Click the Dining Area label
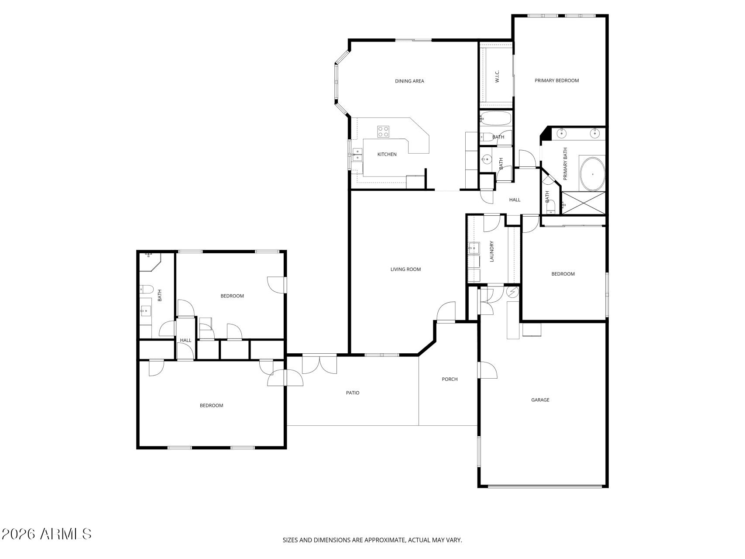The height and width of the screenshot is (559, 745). click(409, 81)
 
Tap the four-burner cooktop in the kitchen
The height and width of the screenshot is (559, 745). click(383, 131)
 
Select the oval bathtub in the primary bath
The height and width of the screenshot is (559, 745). click(592, 174)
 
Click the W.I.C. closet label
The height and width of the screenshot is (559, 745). click(497, 76)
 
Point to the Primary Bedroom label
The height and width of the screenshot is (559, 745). click(556, 81)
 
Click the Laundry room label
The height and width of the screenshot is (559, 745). click(492, 252)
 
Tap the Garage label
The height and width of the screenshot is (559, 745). click(540, 400)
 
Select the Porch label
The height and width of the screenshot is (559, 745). click(450, 380)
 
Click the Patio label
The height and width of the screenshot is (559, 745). click(353, 393)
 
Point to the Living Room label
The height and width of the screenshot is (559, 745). click(405, 269)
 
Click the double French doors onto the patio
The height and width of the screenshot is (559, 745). click(319, 365)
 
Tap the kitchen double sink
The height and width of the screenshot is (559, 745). click(357, 155)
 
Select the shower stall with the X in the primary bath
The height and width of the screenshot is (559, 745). click(583, 203)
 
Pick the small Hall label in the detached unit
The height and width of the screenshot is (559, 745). click(185, 341)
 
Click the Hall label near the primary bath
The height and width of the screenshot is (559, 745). click(515, 200)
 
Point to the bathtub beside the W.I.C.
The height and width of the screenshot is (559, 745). click(495, 118)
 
